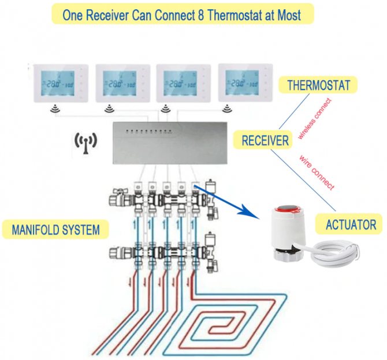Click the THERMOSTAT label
point(319,85)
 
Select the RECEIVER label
point(265,140)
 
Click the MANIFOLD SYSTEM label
point(55,230)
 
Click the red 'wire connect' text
point(317,171)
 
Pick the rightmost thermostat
point(243,83)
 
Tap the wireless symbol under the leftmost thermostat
point(55,108)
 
